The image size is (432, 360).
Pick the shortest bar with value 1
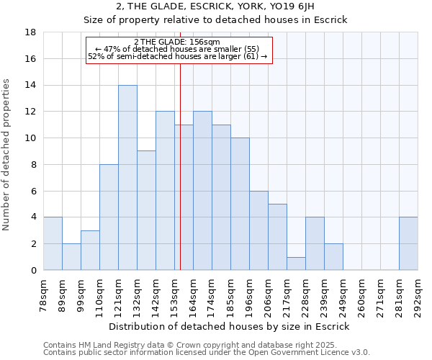pos(296,264)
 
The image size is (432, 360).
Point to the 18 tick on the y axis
pos(30,32)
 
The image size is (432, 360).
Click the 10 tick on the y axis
pos(30,138)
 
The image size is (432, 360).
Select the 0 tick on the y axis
pos(33,270)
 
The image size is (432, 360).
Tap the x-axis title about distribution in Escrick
pos(230,326)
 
